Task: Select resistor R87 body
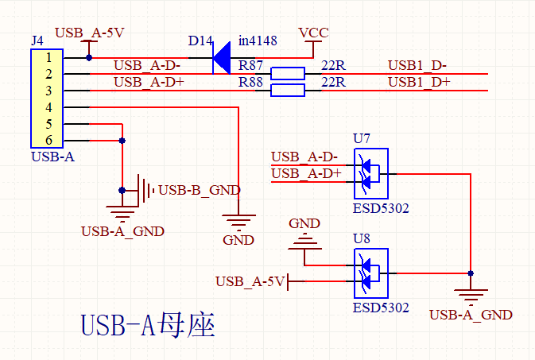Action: (x=287, y=74)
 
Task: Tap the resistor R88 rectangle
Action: (x=287, y=91)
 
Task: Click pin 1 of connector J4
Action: (x=48, y=57)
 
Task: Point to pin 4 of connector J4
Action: (x=48, y=107)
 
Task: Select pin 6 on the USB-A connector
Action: (x=48, y=141)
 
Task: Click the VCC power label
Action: (x=313, y=33)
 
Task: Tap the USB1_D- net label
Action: (x=417, y=65)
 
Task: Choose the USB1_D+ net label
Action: (x=419, y=82)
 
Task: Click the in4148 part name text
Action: (x=258, y=41)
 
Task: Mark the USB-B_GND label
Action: (x=200, y=190)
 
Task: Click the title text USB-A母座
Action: (x=148, y=326)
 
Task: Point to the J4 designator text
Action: (x=37, y=40)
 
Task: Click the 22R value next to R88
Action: (x=332, y=82)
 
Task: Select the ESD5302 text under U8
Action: (x=381, y=307)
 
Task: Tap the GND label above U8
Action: (x=304, y=223)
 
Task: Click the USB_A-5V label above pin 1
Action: (x=90, y=33)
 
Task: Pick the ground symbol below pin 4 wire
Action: (x=238, y=220)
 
